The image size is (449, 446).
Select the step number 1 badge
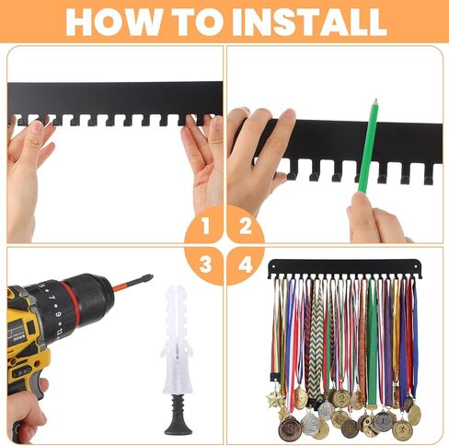[205, 226]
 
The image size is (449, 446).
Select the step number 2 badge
[246, 226]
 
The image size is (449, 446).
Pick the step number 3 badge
[205, 264]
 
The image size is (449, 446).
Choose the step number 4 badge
[246, 264]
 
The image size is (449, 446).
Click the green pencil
[368, 147]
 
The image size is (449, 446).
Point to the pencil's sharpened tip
[375, 100]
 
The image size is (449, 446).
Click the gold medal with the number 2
[341, 399]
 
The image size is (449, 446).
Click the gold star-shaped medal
[274, 398]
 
